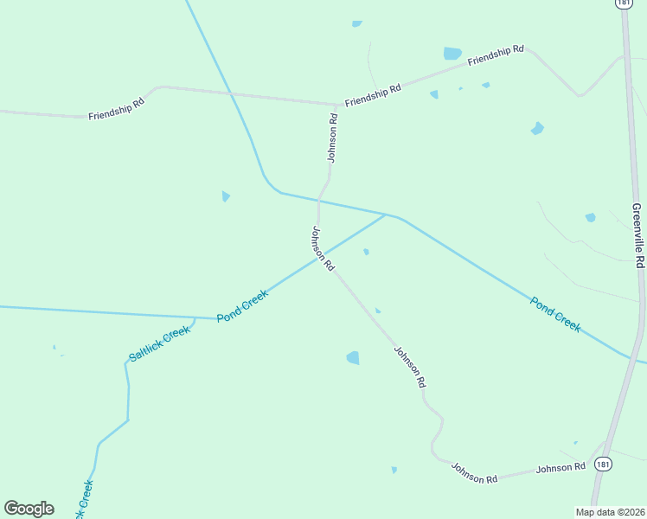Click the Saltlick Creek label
[159, 343]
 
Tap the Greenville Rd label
[637, 235]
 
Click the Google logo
[29, 509]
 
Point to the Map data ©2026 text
[610, 512]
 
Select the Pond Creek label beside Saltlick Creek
[243, 305]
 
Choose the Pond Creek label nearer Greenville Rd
[555, 315]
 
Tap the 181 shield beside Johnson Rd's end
[603, 465]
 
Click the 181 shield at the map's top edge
[623, 3]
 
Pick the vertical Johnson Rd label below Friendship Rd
[332, 137]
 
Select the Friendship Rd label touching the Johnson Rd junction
[373, 95]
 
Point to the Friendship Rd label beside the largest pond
[496, 56]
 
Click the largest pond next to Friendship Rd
[452, 54]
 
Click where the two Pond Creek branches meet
[386, 214]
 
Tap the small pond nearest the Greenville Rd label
[591, 217]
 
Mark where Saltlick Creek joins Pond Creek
[195, 318]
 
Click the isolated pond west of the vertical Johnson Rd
[226, 196]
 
